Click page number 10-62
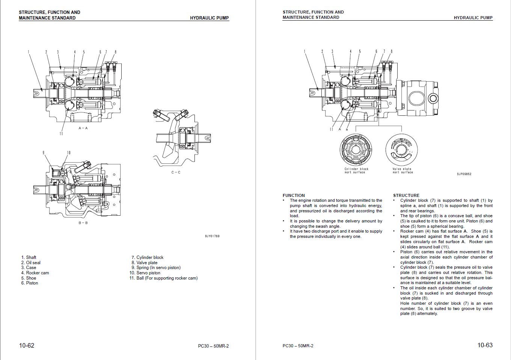pos(27,345)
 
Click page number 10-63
pos(485,345)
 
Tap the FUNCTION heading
pos(294,195)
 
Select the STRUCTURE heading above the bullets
pos(406,195)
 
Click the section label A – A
pos(83,128)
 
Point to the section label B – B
pos(83,223)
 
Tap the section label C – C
pos(176,172)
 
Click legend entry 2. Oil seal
pos(31,263)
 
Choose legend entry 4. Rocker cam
pos(35,273)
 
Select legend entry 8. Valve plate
pos(145,263)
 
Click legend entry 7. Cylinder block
pos(148,257)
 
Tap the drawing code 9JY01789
pos(212,236)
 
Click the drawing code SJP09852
pos(464,174)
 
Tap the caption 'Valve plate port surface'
pos(402,171)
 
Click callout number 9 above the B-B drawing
pos(43,153)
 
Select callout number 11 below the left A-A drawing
pos(61,133)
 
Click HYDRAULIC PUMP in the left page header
pos(209,18)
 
